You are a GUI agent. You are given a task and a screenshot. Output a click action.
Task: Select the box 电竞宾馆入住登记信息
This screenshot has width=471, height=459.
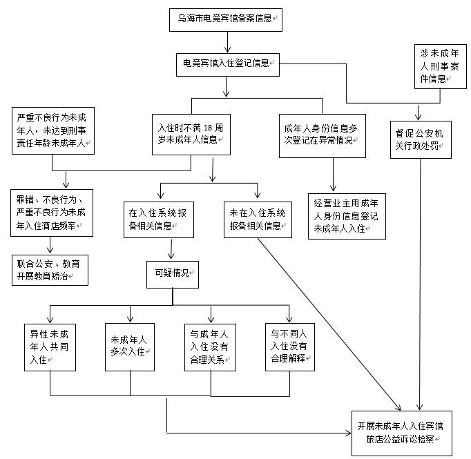click(x=227, y=64)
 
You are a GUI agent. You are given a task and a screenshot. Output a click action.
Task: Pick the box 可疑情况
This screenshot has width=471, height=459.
click(x=172, y=273)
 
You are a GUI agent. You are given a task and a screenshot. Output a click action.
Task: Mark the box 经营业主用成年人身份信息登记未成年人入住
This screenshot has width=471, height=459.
click(x=346, y=216)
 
